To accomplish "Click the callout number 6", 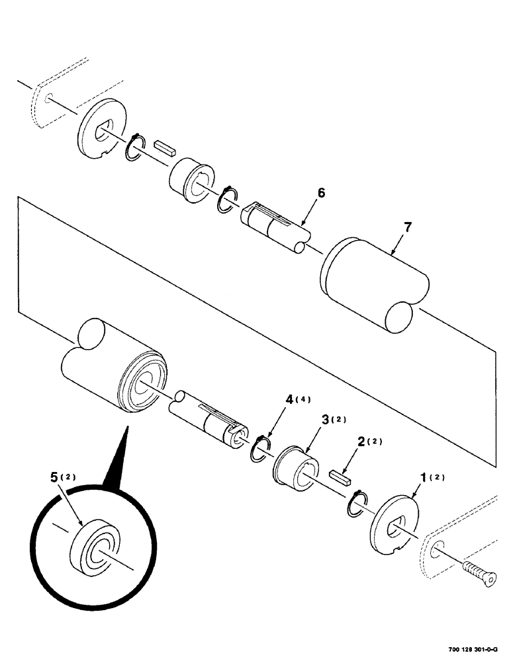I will coord(321,193).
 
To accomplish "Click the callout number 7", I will coord(408,228).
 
